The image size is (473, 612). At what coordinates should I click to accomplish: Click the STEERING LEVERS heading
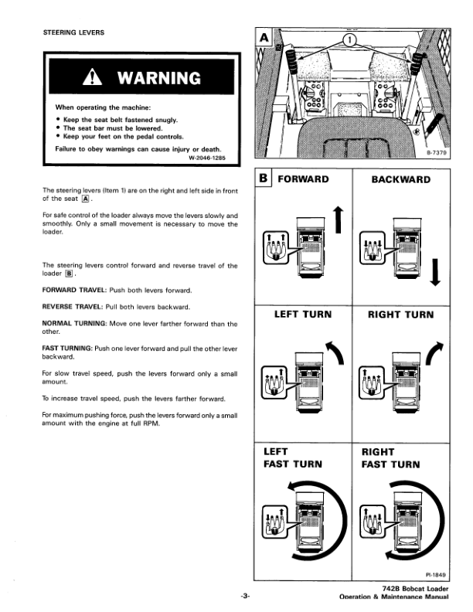click(x=73, y=32)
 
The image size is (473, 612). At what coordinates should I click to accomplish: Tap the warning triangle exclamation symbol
click(x=92, y=77)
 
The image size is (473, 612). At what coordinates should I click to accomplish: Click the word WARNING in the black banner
click(x=159, y=78)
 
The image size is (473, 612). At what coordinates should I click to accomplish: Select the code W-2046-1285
click(x=207, y=158)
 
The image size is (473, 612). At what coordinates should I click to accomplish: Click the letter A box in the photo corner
click(x=264, y=38)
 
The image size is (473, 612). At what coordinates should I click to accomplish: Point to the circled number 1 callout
click(x=350, y=40)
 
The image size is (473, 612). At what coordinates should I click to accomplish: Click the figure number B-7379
click(x=437, y=152)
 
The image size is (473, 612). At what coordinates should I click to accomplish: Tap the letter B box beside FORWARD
click(x=264, y=178)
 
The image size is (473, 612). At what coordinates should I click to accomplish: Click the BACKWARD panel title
click(x=401, y=179)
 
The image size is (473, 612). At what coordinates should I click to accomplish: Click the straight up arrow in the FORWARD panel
click(x=338, y=219)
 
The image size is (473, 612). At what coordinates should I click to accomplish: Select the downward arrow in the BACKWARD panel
click(x=435, y=272)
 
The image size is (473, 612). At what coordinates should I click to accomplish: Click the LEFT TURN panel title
click(x=303, y=314)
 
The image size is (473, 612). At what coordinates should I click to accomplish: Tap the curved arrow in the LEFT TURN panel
click(x=336, y=352)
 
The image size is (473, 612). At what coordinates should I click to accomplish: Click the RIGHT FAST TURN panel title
click(x=390, y=458)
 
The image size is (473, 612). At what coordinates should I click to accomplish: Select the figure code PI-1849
click(x=436, y=575)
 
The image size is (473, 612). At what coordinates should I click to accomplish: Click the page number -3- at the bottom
click(x=245, y=596)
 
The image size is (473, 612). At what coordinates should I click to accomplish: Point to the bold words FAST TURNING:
click(x=67, y=348)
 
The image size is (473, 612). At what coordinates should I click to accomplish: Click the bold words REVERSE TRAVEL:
click(x=73, y=307)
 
